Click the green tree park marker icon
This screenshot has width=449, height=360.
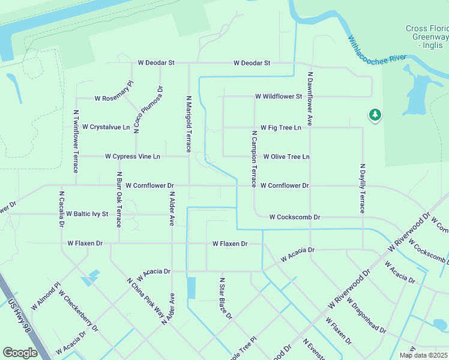pos(375,114)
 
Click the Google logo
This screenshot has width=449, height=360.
pos(20,353)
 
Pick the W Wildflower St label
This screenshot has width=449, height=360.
pos(278,96)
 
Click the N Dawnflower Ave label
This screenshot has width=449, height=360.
pos(310,99)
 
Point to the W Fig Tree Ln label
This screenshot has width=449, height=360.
pos(280,127)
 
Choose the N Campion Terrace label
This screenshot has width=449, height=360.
pos(255,158)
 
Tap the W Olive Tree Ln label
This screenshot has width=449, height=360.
pos(286,157)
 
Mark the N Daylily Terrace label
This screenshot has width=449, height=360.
pos(362,188)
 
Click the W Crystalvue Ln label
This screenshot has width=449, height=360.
pos(106,127)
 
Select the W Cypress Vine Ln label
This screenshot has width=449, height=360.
pos(133,157)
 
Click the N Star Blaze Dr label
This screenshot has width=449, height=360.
pos(225,298)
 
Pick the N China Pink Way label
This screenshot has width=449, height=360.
pos(146,298)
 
